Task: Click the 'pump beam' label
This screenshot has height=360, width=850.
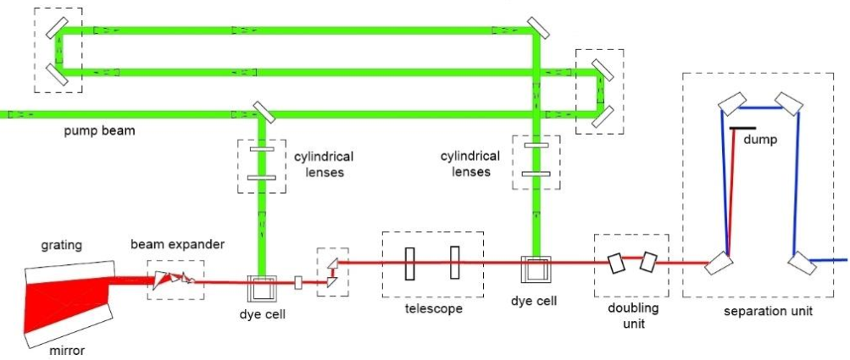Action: click(x=100, y=132)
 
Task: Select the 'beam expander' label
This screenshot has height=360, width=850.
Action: click(x=177, y=245)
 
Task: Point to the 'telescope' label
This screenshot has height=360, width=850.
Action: click(x=433, y=309)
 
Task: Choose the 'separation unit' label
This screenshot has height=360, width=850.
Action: click(x=769, y=312)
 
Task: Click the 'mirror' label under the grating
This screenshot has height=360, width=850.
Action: click(x=65, y=348)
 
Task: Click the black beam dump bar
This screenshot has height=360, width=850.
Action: click(x=743, y=128)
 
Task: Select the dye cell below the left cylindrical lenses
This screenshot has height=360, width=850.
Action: click(x=260, y=287)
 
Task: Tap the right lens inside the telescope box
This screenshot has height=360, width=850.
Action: click(x=455, y=262)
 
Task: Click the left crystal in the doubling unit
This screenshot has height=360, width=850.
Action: click(x=617, y=263)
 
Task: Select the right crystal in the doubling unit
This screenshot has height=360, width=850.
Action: click(x=649, y=262)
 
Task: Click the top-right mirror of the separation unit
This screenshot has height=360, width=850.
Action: click(x=792, y=103)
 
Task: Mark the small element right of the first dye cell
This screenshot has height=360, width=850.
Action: click(x=297, y=283)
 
